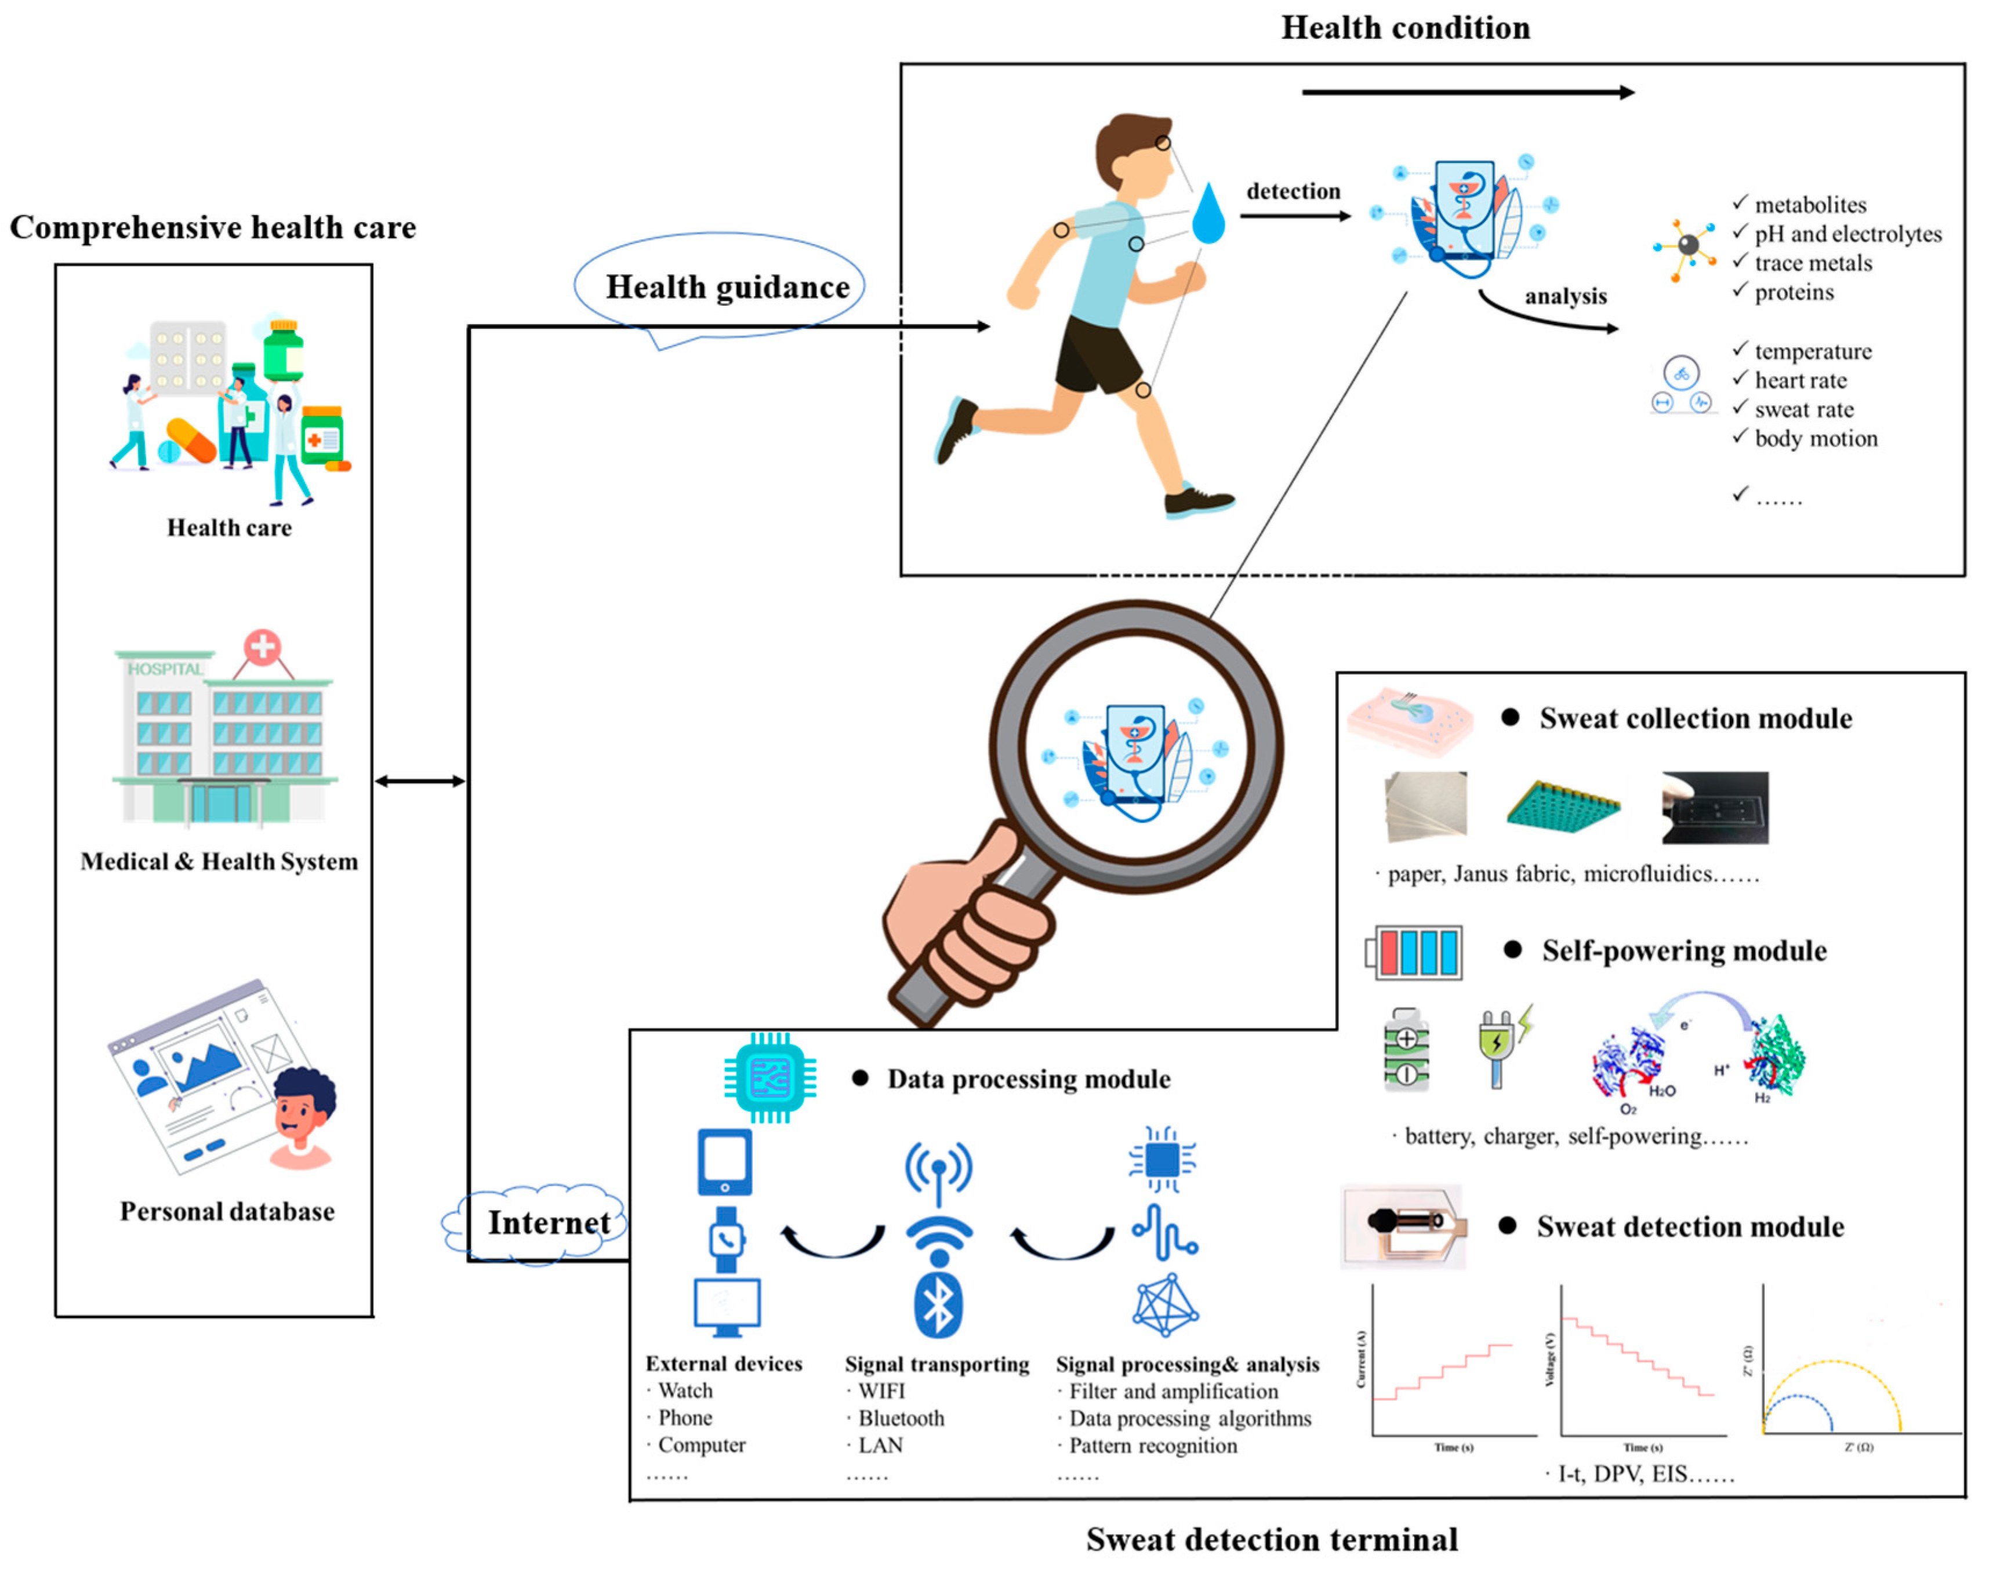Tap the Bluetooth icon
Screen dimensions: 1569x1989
pyautogui.click(x=938, y=1305)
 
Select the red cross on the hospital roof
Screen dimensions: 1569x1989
pyautogui.click(x=262, y=647)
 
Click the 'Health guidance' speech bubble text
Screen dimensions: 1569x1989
pyautogui.click(x=727, y=288)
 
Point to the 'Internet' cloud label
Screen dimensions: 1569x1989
pyautogui.click(x=549, y=1223)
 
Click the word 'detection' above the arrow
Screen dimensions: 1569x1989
pyautogui.click(x=1293, y=191)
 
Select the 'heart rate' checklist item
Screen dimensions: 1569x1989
pyautogui.click(x=1800, y=380)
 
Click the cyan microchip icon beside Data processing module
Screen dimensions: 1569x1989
pyautogui.click(x=770, y=1077)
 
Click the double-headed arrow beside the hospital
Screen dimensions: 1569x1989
pyautogui.click(x=420, y=782)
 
